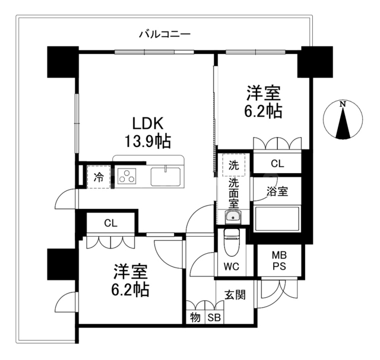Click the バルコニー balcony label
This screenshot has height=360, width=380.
tap(164, 34)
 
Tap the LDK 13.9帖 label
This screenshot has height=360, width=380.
tap(148, 132)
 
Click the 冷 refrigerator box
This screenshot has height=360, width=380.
tap(99, 177)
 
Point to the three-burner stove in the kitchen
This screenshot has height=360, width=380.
tap(127, 176)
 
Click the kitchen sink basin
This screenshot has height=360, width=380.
tap(167, 177)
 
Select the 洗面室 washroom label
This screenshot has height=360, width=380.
tap(233, 193)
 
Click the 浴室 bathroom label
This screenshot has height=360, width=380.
tap(277, 192)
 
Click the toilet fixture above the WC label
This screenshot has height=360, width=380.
tap(232, 241)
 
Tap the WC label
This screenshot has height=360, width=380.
tap(232, 266)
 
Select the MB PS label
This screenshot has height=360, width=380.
tap(278, 260)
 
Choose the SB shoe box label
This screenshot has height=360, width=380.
tap(214, 317)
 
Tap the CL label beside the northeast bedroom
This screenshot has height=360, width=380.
tap(277, 163)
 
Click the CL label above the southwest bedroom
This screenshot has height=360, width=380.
tap(110, 224)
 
